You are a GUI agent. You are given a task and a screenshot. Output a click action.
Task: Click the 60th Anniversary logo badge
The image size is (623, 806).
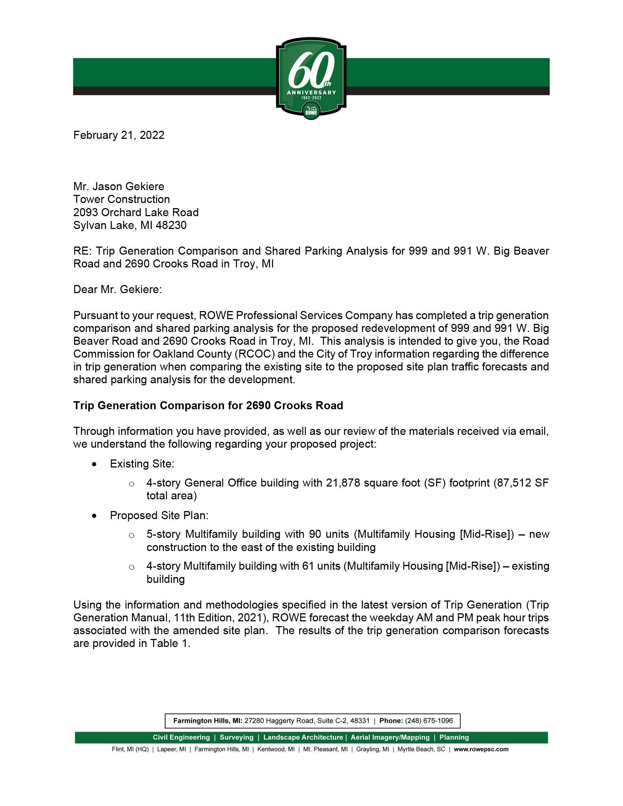[x=311, y=78]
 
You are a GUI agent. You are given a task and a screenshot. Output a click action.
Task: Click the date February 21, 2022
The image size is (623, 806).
[x=119, y=135]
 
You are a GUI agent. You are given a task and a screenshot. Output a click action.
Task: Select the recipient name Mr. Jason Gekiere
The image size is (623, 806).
[x=119, y=186]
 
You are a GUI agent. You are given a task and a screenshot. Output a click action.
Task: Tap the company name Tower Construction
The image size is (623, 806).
[x=121, y=199]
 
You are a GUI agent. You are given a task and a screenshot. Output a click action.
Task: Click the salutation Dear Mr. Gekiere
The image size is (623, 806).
[x=117, y=289]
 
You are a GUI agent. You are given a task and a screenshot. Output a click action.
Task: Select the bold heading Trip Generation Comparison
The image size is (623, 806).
[x=208, y=406]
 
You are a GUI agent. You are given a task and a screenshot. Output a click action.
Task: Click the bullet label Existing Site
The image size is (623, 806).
[x=142, y=464]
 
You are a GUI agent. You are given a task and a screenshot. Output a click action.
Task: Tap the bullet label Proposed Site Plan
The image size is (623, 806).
[x=159, y=515]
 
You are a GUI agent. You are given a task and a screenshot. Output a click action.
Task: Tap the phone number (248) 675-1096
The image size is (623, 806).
[x=429, y=721]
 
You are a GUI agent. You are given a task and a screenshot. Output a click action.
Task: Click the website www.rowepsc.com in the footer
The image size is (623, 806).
[x=481, y=749]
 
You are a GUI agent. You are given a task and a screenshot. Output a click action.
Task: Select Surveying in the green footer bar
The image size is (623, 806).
[x=237, y=737]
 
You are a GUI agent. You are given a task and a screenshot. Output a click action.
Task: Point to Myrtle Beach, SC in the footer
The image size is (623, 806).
[x=421, y=749]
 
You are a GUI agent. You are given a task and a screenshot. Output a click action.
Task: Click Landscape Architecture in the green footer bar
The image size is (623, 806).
[x=303, y=737]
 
